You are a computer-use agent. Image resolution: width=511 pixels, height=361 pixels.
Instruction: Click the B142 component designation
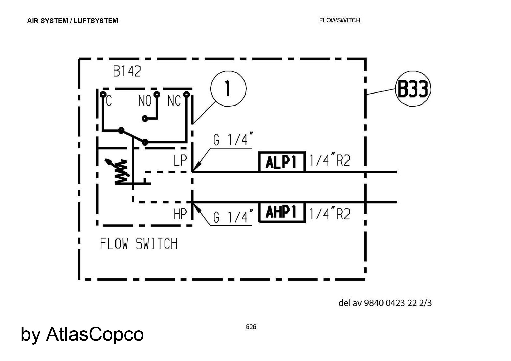[127, 72]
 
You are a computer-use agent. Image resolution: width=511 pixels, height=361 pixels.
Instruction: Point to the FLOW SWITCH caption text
[138, 243]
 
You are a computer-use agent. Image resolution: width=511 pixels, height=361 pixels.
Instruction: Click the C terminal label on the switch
[109, 101]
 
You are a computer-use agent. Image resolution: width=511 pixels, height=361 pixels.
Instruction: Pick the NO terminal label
[145, 101]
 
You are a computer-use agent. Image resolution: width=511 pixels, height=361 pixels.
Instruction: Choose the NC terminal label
[174, 101]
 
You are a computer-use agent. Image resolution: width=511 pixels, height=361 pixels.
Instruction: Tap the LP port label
[180, 160]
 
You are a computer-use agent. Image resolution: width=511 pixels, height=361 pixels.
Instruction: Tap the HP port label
[180, 214]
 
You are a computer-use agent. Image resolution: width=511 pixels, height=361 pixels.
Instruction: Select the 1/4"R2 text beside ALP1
[330, 160]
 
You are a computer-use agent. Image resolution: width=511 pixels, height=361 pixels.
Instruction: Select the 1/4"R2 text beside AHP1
[330, 214]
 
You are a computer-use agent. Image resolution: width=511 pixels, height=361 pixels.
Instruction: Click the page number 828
[251, 327]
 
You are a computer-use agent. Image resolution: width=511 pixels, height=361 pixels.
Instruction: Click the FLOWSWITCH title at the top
[340, 20]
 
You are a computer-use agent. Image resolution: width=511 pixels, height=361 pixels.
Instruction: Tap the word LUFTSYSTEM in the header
[96, 21]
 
